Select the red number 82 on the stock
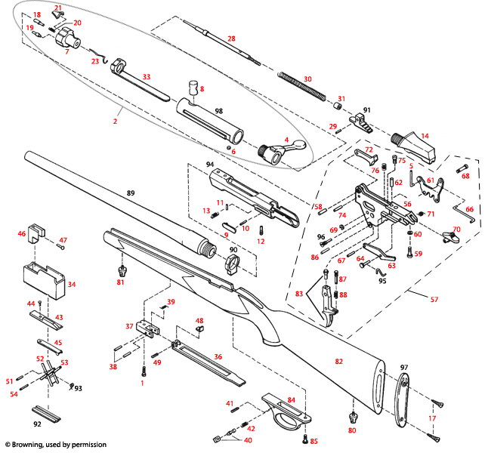(x=339, y=362)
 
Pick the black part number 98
(x=218, y=110)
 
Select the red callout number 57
(x=433, y=300)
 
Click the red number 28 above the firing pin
(x=231, y=38)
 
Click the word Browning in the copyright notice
(x=34, y=445)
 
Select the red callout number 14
(x=425, y=136)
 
